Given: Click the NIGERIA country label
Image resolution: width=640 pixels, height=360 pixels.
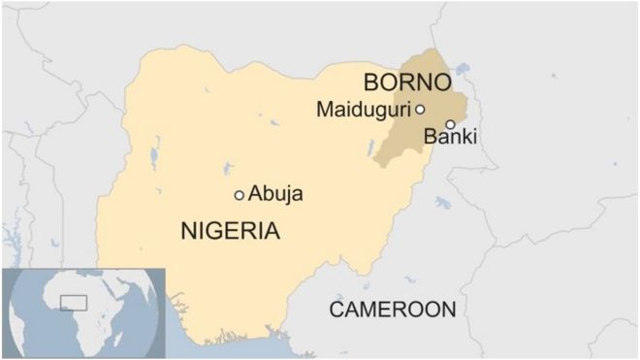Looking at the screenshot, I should click(230, 231).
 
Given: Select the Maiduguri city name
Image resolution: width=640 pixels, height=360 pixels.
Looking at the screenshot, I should click(364, 110).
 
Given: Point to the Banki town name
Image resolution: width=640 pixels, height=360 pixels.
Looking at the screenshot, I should click(451, 138).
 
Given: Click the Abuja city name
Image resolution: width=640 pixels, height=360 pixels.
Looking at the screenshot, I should click(276, 194).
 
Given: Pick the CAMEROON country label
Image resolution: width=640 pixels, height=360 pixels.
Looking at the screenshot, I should click(392, 310).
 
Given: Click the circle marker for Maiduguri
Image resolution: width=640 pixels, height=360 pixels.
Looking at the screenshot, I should click(420, 110).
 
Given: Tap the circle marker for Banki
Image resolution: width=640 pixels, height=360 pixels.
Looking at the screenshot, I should click(450, 124).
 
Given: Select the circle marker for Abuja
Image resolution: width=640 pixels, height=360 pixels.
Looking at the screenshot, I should click(240, 195).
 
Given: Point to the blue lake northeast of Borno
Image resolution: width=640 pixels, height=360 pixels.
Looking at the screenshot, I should click(461, 70).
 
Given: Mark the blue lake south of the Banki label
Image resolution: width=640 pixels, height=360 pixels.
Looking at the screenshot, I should click(443, 204).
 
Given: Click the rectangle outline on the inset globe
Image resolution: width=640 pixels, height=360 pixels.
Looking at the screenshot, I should click(73, 303).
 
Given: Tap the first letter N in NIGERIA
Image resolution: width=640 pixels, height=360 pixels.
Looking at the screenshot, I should click(188, 231).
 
